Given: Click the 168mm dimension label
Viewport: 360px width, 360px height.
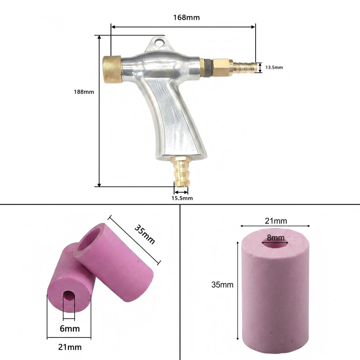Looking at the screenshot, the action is coord(186,18).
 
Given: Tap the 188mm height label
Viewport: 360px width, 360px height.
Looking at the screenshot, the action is coord(84,92).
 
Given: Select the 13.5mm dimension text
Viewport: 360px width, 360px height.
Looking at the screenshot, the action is coord(274,67).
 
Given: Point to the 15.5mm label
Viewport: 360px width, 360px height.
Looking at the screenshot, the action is coord(182,198).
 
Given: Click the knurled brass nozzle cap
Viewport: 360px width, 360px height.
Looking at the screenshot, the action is coord(112,69).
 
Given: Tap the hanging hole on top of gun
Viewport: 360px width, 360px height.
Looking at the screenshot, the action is coord(158,43).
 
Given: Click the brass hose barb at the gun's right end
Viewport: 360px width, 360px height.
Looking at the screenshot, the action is coord(245,67).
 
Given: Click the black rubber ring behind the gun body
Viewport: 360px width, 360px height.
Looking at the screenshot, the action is coord(208,68).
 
